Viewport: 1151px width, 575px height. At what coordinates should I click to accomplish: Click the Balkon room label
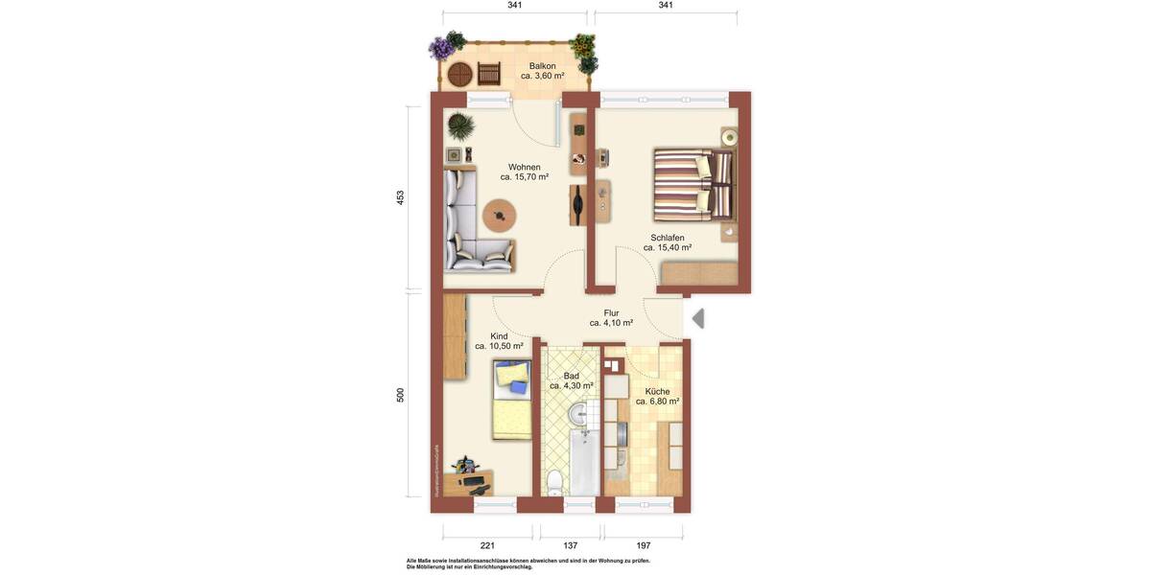point(542,66)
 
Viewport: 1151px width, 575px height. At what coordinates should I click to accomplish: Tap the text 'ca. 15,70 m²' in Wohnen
point(524,177)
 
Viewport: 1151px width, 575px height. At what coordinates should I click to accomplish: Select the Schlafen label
point(667,238)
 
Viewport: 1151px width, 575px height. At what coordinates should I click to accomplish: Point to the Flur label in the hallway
point(611,313)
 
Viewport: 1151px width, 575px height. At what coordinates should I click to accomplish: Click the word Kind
point(499,336)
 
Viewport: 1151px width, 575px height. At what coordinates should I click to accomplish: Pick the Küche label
point(657,392)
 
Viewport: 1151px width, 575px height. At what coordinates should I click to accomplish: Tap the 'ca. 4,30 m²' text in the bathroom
point(571,386)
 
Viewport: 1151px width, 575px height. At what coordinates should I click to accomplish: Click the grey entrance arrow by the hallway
point(698,318)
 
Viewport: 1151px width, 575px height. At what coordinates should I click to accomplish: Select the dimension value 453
point(401,197)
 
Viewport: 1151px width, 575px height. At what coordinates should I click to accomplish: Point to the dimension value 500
point(401,395)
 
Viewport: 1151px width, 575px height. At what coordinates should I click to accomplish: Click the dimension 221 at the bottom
point(486,545)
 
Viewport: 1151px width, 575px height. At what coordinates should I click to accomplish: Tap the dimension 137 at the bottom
point(570,545)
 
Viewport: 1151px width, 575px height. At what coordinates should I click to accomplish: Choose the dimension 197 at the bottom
point(643,545)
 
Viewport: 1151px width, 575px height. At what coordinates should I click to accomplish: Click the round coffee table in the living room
point(499,215)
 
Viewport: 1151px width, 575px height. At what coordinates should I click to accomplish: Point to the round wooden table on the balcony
point(460,74)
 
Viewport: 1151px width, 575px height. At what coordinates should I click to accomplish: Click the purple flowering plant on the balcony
point(441,48)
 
